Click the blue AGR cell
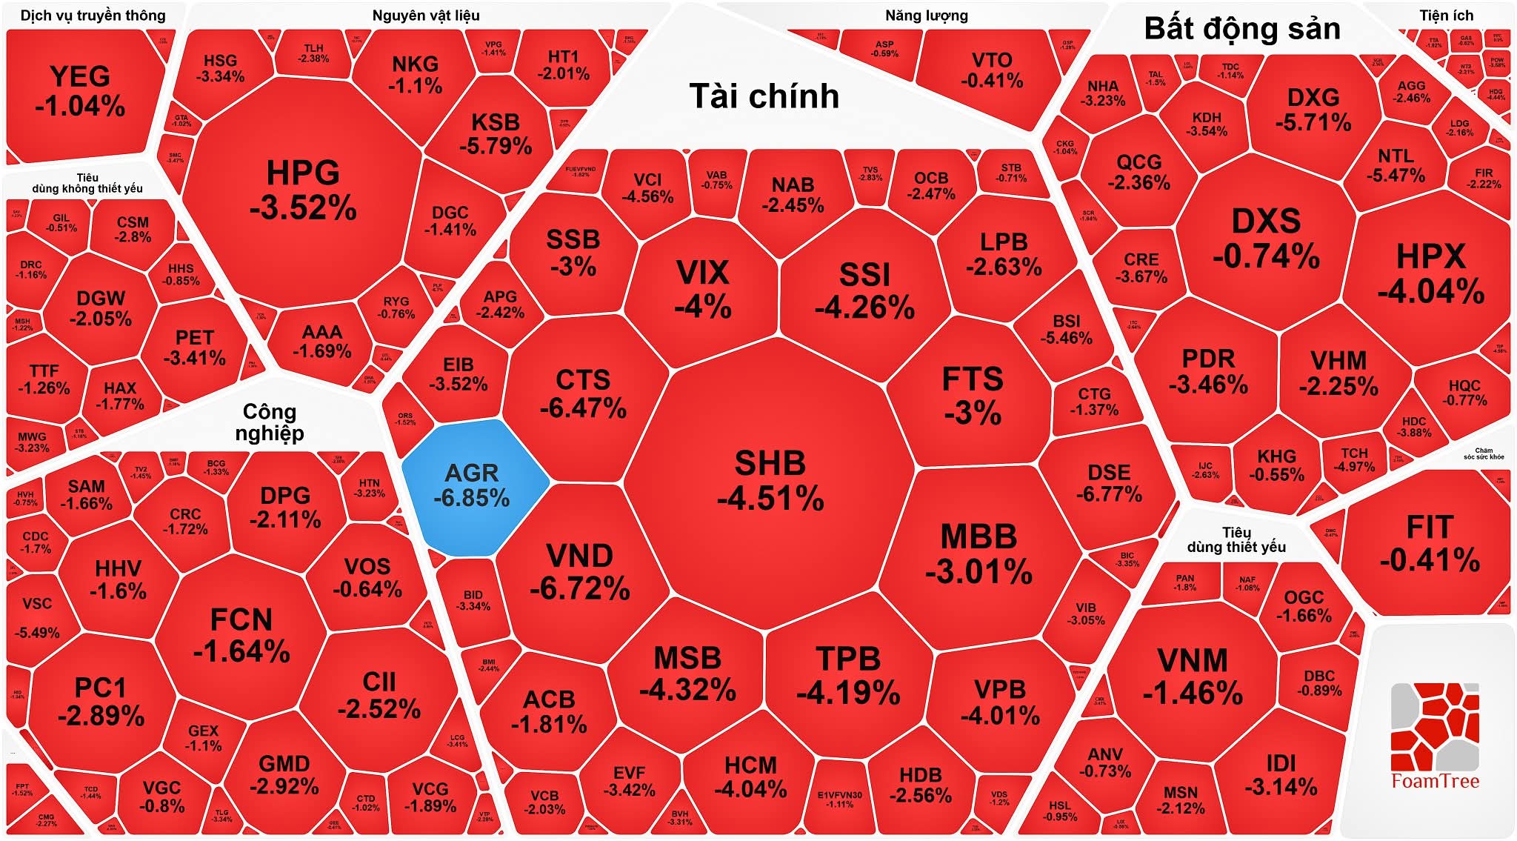(x=472, y=485)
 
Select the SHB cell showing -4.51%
(x=770, y=480)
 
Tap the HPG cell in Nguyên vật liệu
(x=303, y=190)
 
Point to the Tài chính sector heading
(x=764, y=96)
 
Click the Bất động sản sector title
(x=1242, y=29)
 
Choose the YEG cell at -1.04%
(x=80, y=90)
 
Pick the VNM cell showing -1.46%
(x=1192, y=676)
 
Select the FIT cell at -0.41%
(x=1430, y=543)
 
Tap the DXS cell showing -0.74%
(x=1266, y=238)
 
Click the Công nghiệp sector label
(x=270, y=422)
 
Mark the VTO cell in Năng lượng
(x=991, y=70)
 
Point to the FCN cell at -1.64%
(x=241, y=635)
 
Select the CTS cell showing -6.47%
(x=583, y=393)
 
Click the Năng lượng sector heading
(x=926, y=16)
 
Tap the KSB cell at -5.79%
(x=496, y=133)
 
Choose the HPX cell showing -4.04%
(x=1430, y=273)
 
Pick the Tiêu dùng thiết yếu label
(x=1236, y=539)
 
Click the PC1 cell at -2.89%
(x=101, y=701)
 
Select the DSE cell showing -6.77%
(x=1109, y=482)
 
